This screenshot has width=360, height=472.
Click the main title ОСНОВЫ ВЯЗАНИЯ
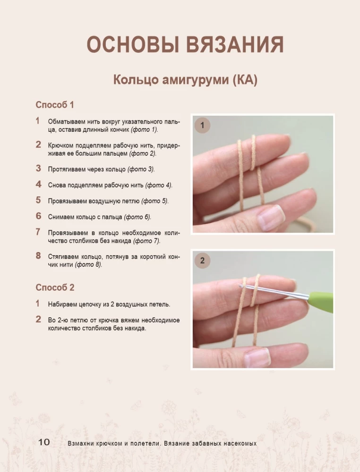[x=185, y=45]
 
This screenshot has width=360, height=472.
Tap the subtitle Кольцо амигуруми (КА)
[x=185, y=80]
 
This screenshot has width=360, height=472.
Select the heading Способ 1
[x=55, y=105]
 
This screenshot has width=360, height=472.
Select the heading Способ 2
[x=55, y=287]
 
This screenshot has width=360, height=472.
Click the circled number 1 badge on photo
[x=202, y=125]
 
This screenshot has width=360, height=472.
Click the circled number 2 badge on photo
[x=202, y=261]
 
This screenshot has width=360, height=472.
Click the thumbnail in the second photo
[x=258, y=358]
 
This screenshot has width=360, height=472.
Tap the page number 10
[x=44, y=442]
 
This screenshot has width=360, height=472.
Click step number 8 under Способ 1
[x=38, y=256]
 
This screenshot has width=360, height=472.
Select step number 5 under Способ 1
[x=38, y=200]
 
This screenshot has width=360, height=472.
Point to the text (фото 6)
[x=137, y=217]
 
